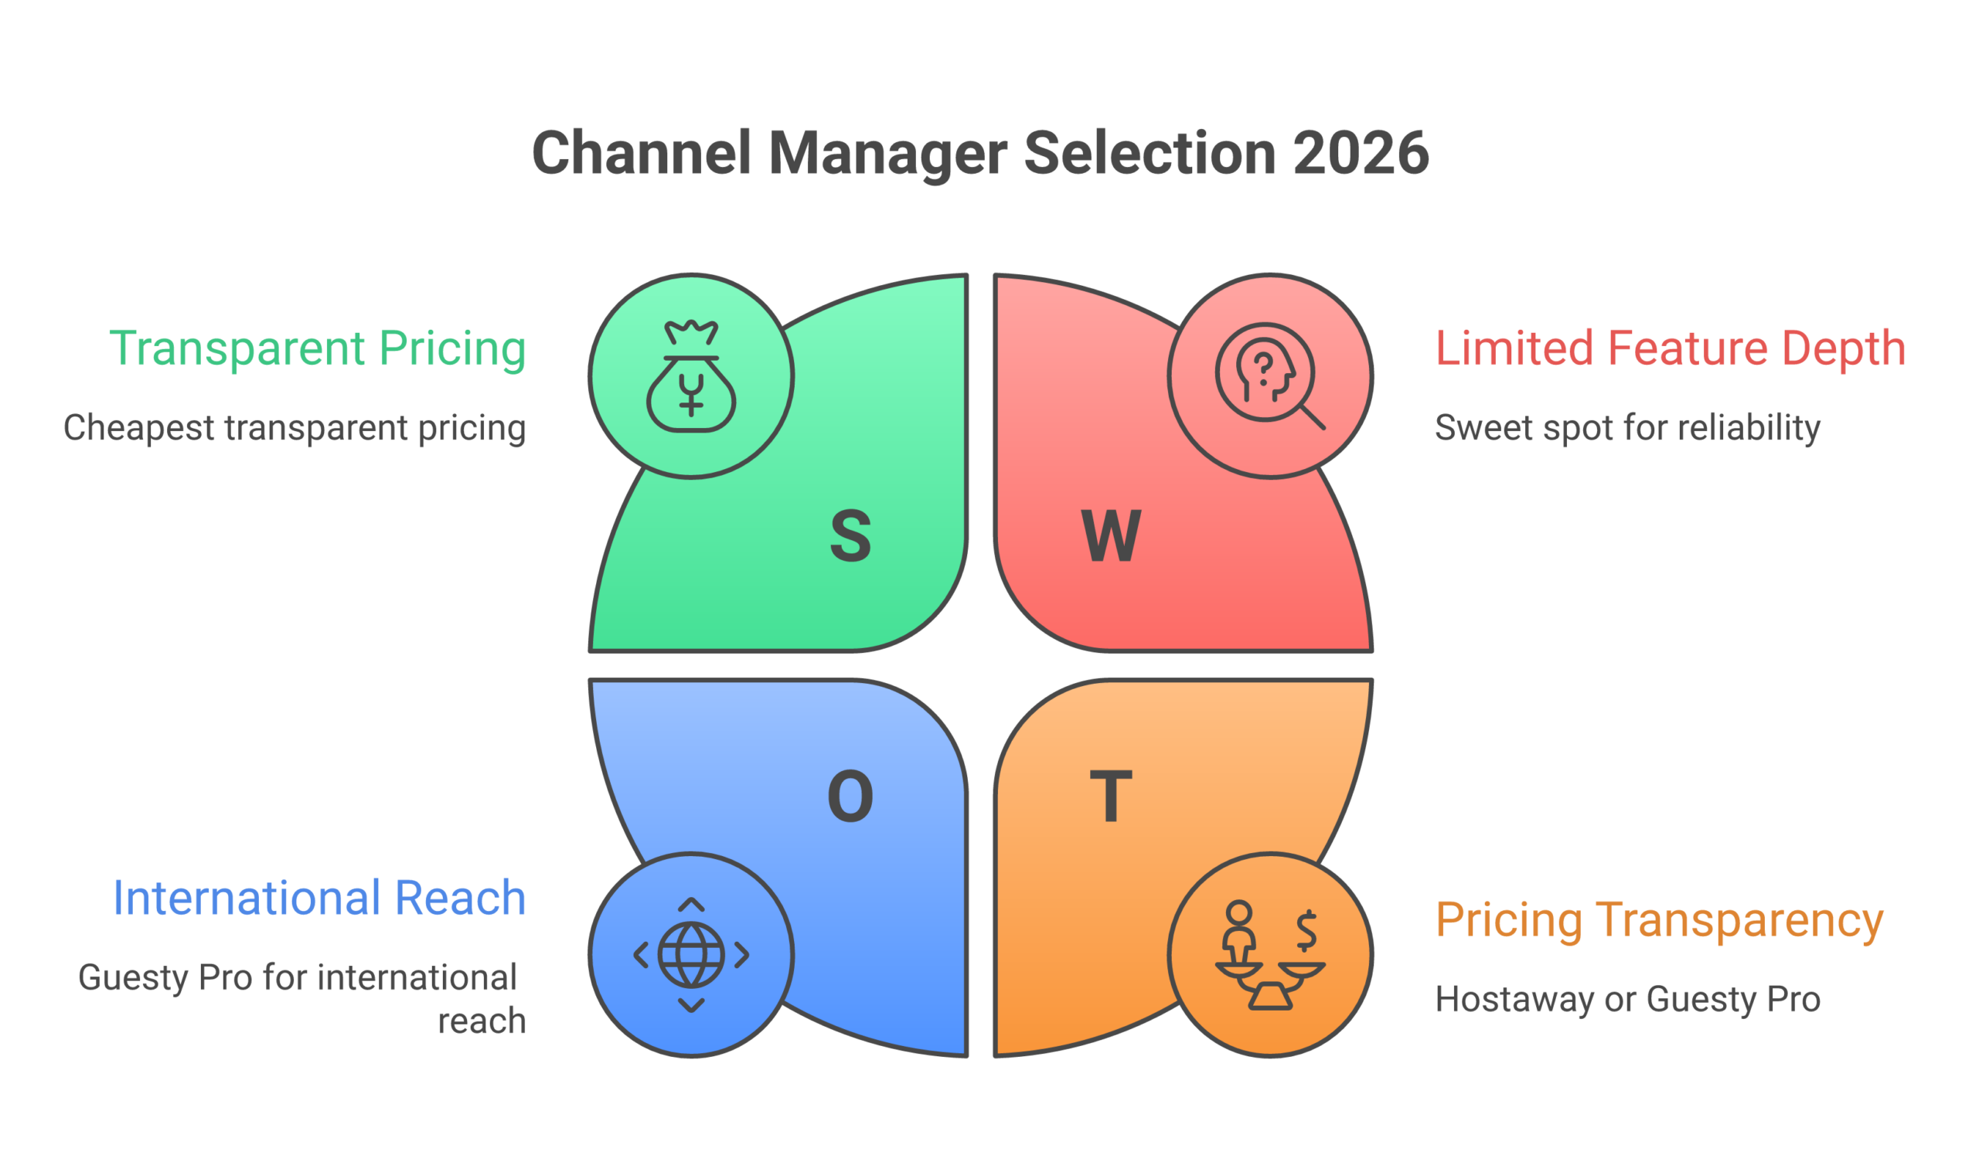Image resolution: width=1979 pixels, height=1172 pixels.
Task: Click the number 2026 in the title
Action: coord(1361,153)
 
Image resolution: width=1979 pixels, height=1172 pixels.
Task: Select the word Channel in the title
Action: coord(642,153)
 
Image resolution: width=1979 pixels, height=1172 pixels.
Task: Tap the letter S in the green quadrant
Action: coord(851,536)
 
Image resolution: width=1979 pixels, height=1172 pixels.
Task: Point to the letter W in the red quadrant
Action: coord(1111,536)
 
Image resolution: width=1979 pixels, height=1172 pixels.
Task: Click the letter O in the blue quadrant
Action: coord(850,796)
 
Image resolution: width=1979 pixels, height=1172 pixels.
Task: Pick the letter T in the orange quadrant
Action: coord(1111,796)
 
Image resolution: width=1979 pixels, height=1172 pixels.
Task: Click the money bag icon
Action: coord(691,376)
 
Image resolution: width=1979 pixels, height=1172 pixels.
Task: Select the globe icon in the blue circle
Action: coord(691,955)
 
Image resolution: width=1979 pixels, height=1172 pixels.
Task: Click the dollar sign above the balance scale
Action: coord(1306,930)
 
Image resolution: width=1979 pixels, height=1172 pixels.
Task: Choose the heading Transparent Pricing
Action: coord(318,348)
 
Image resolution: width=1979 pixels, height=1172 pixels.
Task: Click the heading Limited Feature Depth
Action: coord(1670,348)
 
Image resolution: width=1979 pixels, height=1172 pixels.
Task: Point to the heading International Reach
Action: coord(319,898)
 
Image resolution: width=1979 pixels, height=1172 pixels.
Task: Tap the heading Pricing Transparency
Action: coord(1659,920)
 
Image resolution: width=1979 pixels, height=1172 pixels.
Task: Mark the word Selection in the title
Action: coord(1150,153)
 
